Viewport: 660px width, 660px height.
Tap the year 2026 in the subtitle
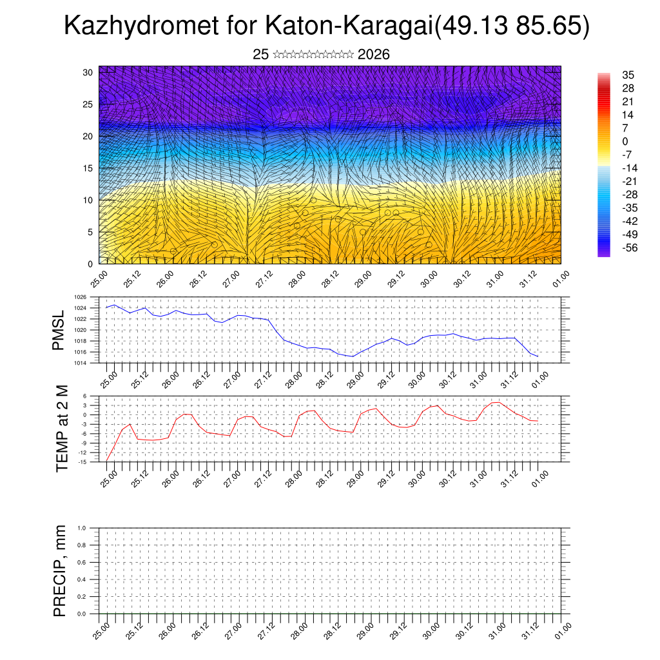click(373, 55)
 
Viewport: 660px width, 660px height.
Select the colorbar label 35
click(628, 75)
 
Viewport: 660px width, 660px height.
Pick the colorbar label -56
click(626, 247)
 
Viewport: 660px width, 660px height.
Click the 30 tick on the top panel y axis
click(88, 72)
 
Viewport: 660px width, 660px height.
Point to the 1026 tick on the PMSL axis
click(80, 298)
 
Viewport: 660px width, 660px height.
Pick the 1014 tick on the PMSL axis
click(80, 363)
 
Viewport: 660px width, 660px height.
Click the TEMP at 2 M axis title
click(62, 428)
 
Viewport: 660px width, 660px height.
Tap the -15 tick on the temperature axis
click(82, 462)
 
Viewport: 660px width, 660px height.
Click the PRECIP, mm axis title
click(60, 570)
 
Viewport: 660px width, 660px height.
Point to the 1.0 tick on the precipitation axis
click(82, 528)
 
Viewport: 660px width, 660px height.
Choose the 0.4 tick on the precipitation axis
click(82, 579)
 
